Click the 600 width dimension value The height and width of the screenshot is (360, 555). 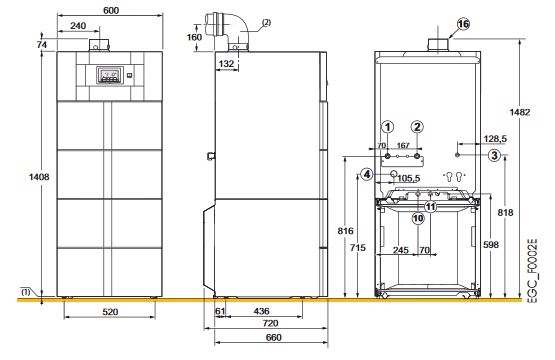(111, 11)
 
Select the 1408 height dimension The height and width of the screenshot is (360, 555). (39, 177)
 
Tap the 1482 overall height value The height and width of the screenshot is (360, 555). (520, 112)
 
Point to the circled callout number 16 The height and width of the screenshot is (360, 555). (463, 24)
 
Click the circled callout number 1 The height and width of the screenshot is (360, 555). (388, 127)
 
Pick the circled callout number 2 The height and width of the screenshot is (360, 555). (417, 127)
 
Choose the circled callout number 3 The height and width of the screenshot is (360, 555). (494, 155)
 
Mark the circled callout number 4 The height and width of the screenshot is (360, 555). (367, 174)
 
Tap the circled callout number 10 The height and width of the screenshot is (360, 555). (418, 218)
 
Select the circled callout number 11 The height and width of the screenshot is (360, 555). (430, 206)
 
